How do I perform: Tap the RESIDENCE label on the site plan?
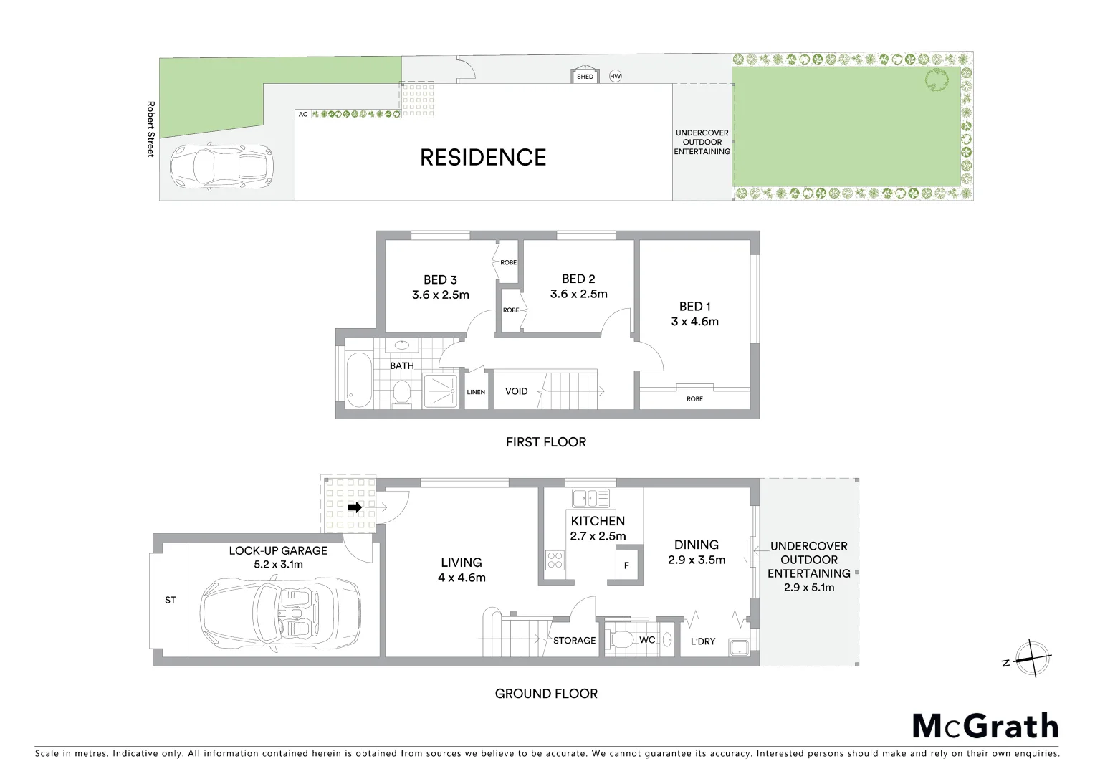482,157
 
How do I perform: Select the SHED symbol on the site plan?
585,76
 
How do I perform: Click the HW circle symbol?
615,76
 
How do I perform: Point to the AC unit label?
302,114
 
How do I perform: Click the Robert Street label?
150,129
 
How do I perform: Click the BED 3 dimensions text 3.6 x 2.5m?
440,295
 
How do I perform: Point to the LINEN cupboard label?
476,392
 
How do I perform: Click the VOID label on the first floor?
516,391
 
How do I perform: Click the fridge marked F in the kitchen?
626,565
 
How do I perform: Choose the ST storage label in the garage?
170,600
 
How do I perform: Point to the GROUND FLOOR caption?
546,693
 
